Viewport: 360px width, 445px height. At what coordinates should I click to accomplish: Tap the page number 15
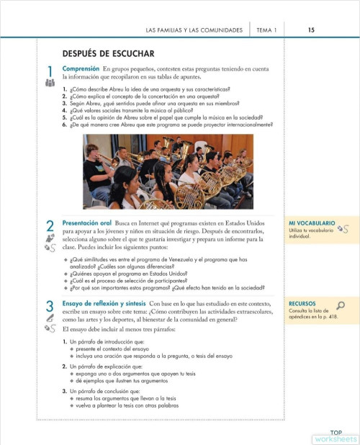(310, 30)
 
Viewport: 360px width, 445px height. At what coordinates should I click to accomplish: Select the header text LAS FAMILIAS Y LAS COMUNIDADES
(194, 30)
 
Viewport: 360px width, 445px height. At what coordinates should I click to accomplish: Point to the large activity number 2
(50, 227)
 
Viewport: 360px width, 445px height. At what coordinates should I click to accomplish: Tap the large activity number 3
(50, 305)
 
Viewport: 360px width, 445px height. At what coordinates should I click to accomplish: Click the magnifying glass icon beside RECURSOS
(341, 305)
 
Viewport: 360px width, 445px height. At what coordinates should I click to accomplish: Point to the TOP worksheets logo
(335, 434)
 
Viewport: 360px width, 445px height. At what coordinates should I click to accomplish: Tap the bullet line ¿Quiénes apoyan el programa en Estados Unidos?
(140, 274)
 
